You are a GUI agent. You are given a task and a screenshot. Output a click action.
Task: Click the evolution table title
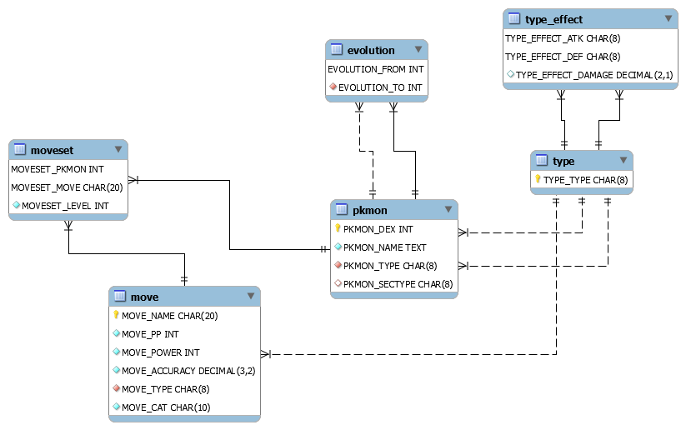(371, 50)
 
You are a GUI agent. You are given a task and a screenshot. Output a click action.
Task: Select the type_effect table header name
(554, 19)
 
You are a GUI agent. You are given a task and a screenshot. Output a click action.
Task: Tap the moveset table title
(52, 150)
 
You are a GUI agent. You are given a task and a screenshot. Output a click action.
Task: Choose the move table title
(144, 297)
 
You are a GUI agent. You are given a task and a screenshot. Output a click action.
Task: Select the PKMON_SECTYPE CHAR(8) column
(398, 284)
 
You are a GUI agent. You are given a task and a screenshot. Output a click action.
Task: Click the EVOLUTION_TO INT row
(380, 87)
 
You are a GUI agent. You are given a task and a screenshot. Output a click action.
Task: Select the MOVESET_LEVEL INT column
(65, 206)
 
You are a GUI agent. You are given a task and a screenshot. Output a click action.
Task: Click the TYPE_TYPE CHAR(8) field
(585, 180)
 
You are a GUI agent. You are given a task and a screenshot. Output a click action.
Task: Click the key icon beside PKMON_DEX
(338, 228)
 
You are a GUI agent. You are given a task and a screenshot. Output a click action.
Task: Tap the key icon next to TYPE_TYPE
(538, 179)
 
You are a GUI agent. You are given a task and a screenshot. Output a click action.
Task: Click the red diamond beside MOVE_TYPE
(116, 389)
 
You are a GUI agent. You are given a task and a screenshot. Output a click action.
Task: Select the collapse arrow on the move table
(249, 297)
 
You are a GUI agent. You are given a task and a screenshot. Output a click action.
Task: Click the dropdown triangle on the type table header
(622, 161)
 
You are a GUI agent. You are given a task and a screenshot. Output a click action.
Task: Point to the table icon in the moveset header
(21, 150)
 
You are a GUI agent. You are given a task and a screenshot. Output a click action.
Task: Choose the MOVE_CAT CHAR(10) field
(166, 407)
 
